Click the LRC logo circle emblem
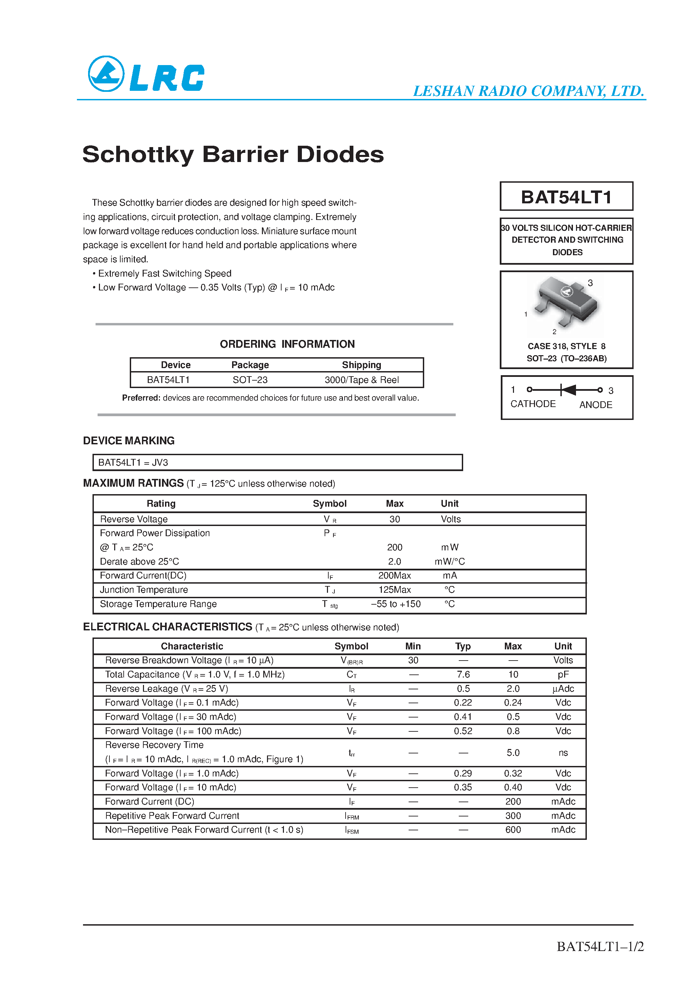point(106,74)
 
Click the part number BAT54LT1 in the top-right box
point(566,197)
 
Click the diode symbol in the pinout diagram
point(568,390)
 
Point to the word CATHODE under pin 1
point(533,404)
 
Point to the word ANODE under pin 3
point(596,405)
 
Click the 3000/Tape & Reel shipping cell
point(361,380)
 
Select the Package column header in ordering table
point(250,365)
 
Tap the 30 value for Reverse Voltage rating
point(394,519)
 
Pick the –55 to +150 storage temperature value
point(396,604)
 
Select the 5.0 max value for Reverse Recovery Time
point(513,753)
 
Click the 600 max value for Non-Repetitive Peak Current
point(513,830)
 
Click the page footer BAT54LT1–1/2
point(600,947)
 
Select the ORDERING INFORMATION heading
point(287,344)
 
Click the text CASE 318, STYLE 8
point(566,346)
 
